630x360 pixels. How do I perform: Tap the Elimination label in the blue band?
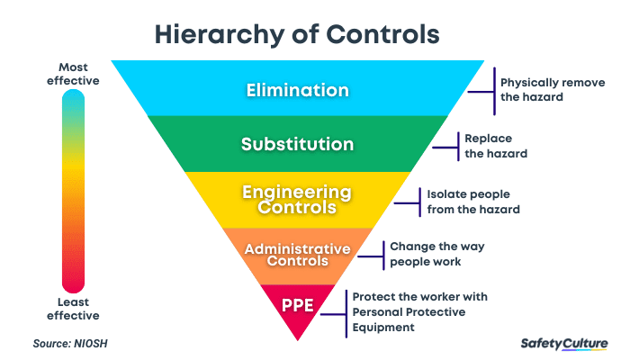coord(297,90)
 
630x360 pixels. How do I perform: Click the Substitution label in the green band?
coord(297,144)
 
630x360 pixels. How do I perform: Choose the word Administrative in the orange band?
coord(297,247)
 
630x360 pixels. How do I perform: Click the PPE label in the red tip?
coord(297,304)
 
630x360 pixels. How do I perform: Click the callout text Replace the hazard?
coord(495,146)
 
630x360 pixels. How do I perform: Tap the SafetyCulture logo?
coord(564,343)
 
